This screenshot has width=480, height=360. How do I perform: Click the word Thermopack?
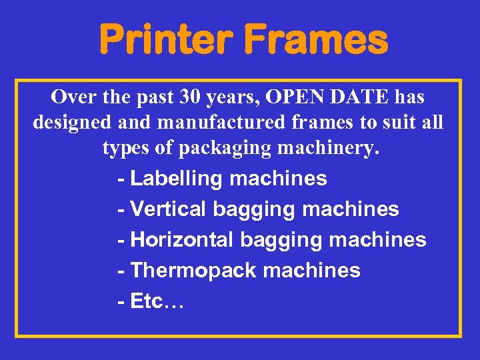pos(194,271)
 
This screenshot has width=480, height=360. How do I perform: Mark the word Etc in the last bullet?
pos(147,301)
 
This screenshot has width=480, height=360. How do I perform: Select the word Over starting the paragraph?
pos(73,97)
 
